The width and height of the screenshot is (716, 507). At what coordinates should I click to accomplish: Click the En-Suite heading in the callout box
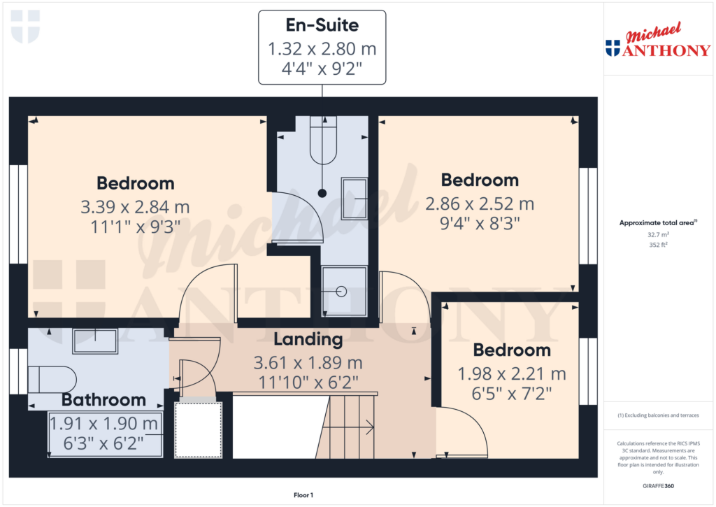tap(322, 26)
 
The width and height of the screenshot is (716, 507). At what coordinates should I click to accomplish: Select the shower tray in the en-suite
tap(343, 291)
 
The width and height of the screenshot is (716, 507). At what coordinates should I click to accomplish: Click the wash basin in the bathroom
tap(95, 341)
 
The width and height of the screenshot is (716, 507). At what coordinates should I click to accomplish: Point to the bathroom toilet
tap(55, 380)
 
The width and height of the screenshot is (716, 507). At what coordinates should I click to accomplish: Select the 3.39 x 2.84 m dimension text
tap(135, 208)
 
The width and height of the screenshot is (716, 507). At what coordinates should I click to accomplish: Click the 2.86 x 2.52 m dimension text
tap(480, 204)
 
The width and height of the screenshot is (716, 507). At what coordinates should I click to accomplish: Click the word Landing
tap(308, 340)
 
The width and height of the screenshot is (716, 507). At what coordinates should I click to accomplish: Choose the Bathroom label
tap(103, 400)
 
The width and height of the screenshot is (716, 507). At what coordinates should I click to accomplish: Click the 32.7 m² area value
tap(658, 236)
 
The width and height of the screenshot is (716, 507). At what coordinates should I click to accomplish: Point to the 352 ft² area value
tap(658, 245)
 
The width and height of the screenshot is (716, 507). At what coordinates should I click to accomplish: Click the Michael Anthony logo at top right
tap(657, 42)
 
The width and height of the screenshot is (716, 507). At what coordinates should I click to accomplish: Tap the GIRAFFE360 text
tap(659, 486)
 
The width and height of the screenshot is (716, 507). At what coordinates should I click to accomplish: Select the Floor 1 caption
tap(303, 495)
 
